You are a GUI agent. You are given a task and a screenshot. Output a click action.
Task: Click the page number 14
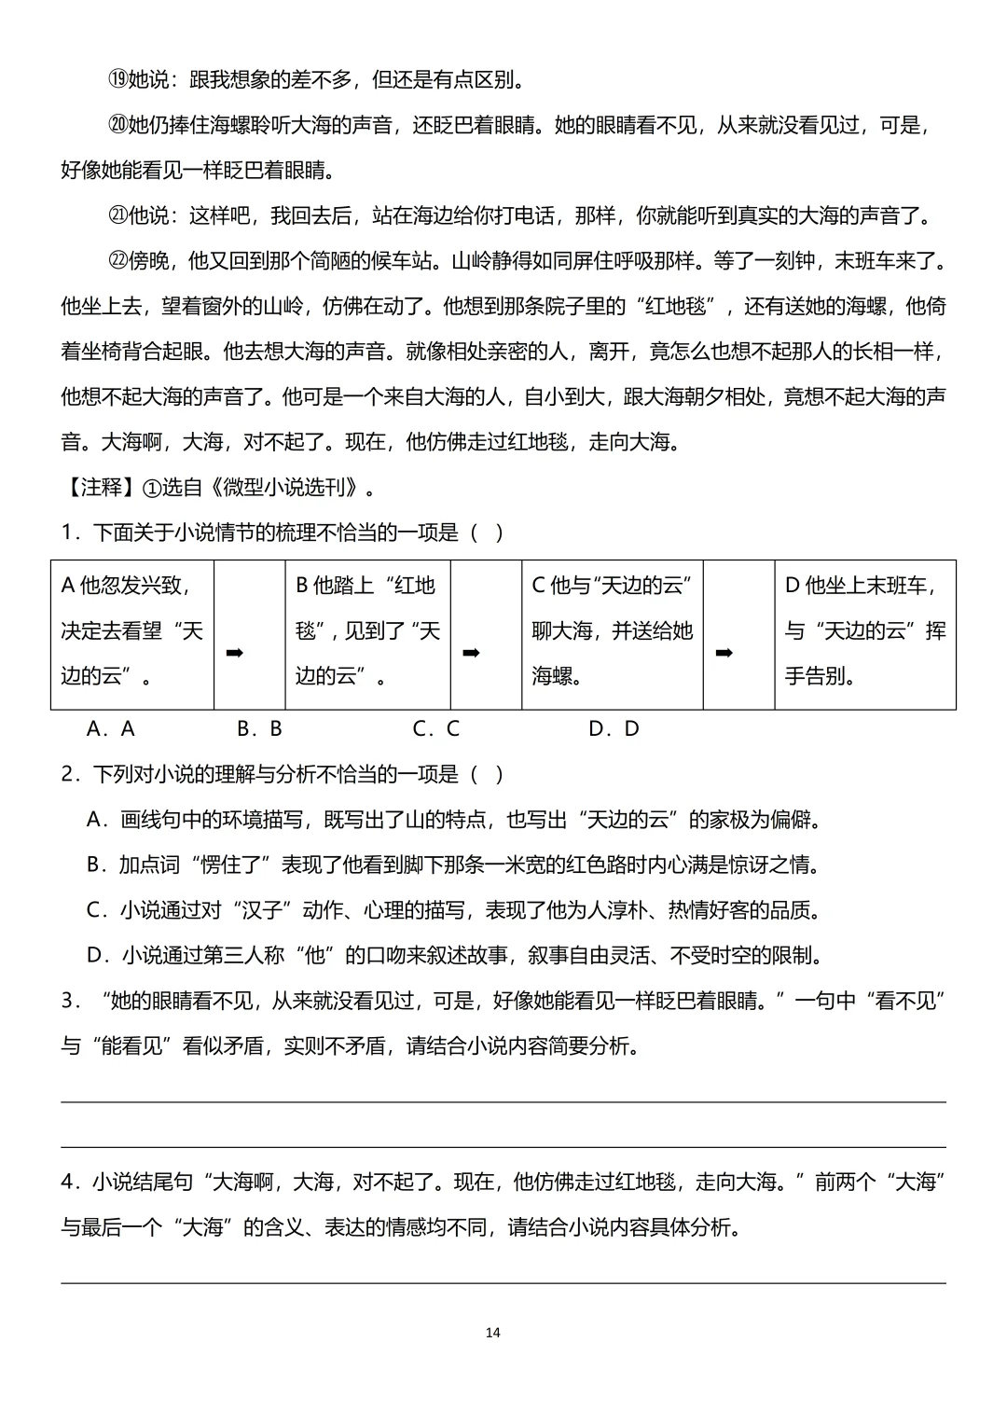point(493,1332)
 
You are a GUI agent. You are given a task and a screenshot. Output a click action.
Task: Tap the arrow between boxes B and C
point(471,653)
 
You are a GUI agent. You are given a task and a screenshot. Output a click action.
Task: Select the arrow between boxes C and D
point(723,653)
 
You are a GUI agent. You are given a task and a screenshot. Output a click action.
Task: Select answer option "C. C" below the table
point(435,728)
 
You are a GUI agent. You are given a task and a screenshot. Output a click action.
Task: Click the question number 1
point(67,533)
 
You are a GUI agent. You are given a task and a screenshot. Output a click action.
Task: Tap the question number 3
point(67,1001)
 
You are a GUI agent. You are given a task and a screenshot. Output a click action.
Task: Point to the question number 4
point(67,1182)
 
